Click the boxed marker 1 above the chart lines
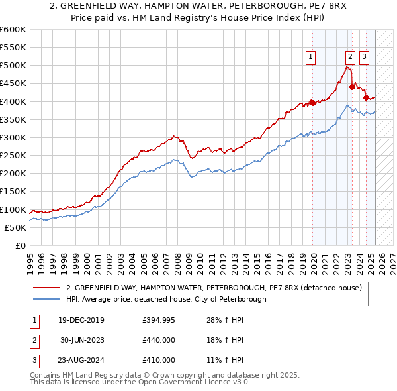click(310, 57)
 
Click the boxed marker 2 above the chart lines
click(350, 57)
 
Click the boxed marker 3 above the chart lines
click(364, 57)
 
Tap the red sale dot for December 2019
click(312, 103)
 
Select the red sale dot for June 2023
click(352, 87)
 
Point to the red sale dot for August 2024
click(366, 97)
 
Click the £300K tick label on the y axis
click(13, 137)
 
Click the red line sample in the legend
click(47, 288)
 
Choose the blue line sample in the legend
click(47, 299)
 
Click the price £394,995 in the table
click(158, 321)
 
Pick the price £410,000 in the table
click(158, 360)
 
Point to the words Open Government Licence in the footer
click(186, 382)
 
